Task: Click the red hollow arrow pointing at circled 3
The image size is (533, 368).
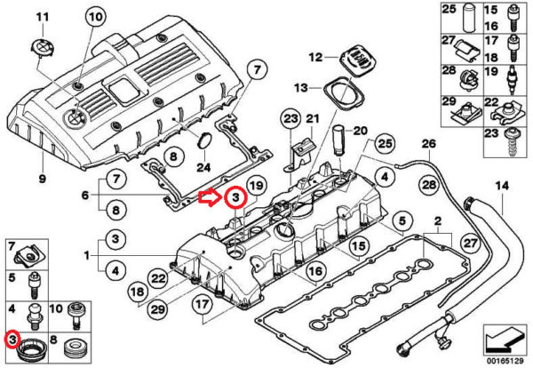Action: tap(210, 197)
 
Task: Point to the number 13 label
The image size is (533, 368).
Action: tap(300, 88)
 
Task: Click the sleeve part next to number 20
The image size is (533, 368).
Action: tap(339, 140)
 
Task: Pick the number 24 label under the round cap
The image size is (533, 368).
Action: tap(204, 167)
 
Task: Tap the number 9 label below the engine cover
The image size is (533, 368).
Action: tap(42, 179)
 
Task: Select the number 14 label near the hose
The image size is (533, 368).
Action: tap(502, 186)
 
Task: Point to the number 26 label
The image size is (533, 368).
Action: tap(429, 143)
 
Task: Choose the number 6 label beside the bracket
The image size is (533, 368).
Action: tap(85, 195)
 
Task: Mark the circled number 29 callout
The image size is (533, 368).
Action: tap(158, 309)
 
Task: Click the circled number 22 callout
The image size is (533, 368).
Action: tap(158, 278)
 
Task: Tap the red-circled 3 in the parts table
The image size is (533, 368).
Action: tap(12, 339)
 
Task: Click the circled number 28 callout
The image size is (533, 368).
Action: tap(429, 185)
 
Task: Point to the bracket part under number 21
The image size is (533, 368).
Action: tap(300, 154)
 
